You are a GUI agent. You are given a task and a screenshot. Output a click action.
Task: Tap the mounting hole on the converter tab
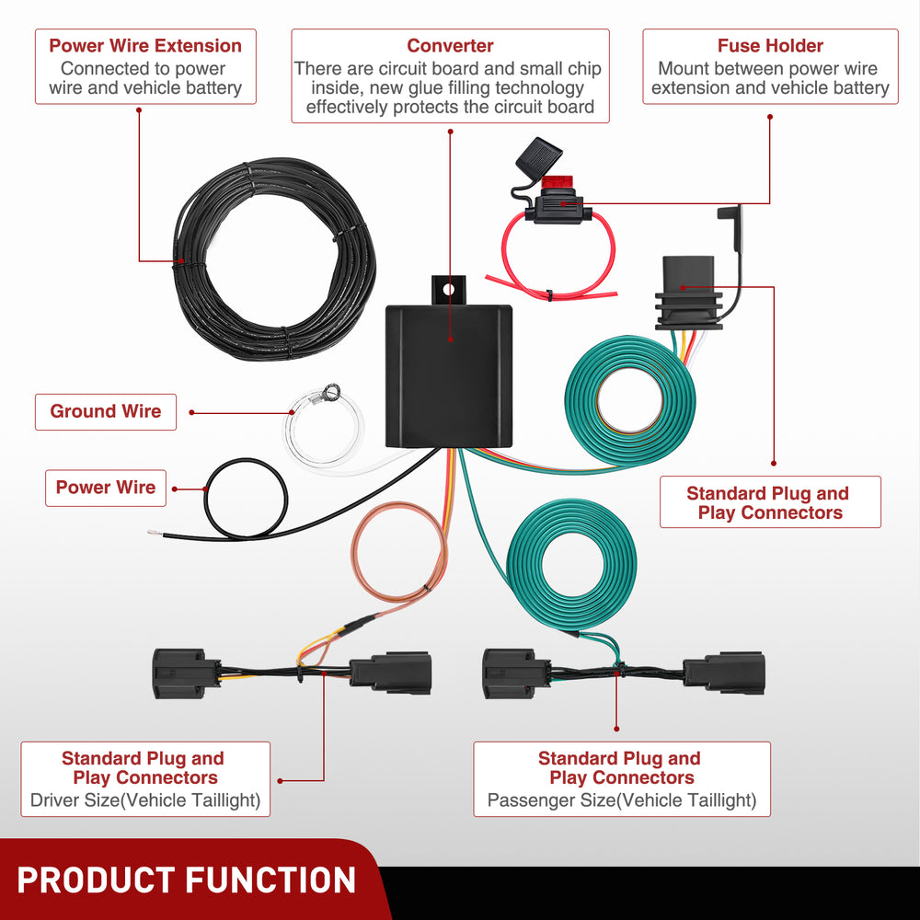click(449, 289)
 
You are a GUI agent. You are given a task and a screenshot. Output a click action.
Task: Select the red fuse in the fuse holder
click(555, 183)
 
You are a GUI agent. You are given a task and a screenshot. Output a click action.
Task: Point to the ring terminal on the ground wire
click(322, 398)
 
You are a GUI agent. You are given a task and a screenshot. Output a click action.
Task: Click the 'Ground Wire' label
click(106, 411)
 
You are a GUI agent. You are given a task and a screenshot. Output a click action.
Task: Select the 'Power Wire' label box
click(106, 488)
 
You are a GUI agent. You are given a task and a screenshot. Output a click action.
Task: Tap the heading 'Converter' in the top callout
click(450, 45)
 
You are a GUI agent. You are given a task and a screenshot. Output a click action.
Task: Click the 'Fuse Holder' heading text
click(770, 45)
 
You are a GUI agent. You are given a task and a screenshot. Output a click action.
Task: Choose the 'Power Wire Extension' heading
click(145, 45)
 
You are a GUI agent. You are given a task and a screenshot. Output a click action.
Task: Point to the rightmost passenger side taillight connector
click(727, 673)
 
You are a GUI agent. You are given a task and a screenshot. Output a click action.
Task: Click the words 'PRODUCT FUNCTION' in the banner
click(186, 880)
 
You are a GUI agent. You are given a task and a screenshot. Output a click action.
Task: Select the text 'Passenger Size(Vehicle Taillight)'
click(622, 800)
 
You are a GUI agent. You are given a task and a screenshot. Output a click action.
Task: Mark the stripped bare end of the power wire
click(155, 533)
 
